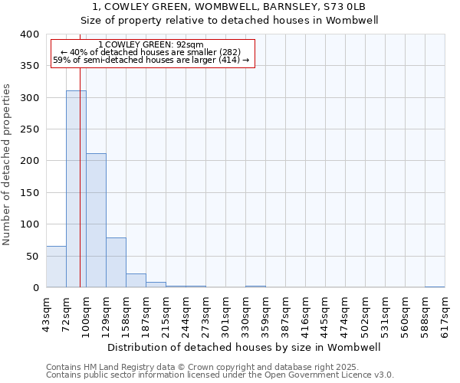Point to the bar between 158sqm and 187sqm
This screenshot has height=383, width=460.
tap(136, 280)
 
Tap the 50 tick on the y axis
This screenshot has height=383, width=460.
tap(32, 256)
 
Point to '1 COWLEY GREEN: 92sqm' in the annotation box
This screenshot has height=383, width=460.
tap(151, 44)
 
